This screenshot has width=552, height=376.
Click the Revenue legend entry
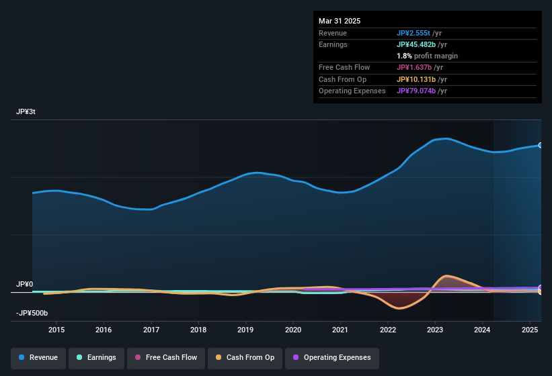(x=39, y=357)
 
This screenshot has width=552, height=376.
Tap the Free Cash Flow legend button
(x=165, y=357)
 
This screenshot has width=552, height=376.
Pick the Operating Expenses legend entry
(x=331, y=357)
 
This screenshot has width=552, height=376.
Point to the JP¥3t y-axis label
(x=26, y=112)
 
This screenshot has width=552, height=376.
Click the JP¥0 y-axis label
(x=24, y=285)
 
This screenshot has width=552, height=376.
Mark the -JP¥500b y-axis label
(x=32, y=313)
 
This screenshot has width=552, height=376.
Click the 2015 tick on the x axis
(x=56, y=330)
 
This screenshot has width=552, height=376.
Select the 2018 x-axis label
(x=198, y=330)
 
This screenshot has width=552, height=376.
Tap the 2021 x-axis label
(x=340, y=330)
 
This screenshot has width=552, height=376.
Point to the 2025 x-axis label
(x=529, y=330)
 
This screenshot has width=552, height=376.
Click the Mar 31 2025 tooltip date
(x=340, y=21)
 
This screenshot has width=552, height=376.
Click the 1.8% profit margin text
(x=427, y=56)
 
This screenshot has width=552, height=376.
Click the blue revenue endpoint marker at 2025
(x=541, y=145)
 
